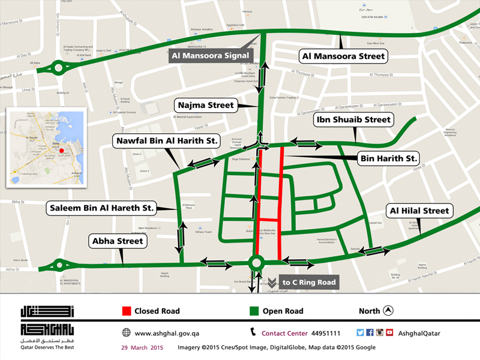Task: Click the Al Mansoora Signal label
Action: point(211,55)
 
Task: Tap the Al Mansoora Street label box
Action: point(342,56)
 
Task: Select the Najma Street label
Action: point(205,105)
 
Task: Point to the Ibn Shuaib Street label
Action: point(353,120)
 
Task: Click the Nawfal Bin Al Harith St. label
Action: point(166,142)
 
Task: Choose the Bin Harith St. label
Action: point(388,158)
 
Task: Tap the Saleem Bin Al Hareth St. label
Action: point(101,208)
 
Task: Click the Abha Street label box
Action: point(118,241)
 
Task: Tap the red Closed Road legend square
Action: point(127,311)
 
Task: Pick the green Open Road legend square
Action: point(254,311)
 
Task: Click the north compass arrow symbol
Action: point(388,310)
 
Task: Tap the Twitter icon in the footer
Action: point(360,332)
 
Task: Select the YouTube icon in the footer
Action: point(389,332)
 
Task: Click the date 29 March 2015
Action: point(142,347)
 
